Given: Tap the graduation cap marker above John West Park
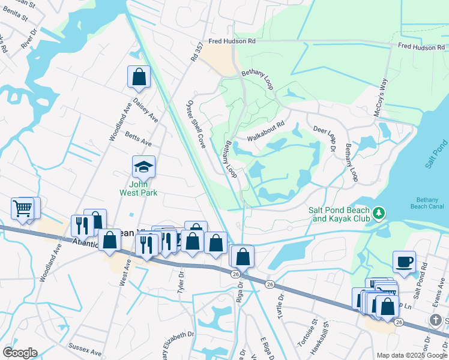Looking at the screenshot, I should point(143,166).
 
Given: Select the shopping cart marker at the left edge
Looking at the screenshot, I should point(22,209).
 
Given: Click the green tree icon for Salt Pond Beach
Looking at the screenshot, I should point(378,213).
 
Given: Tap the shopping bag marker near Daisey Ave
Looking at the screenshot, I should point(139,76).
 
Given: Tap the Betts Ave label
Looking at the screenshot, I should point(138,140).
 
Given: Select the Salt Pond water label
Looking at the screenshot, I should point(441,154).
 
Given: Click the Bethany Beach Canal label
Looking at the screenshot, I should point(429,203).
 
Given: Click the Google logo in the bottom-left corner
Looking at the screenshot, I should point(20,353).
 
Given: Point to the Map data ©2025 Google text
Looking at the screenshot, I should point(411,355).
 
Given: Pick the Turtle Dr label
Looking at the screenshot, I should point(280,298).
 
